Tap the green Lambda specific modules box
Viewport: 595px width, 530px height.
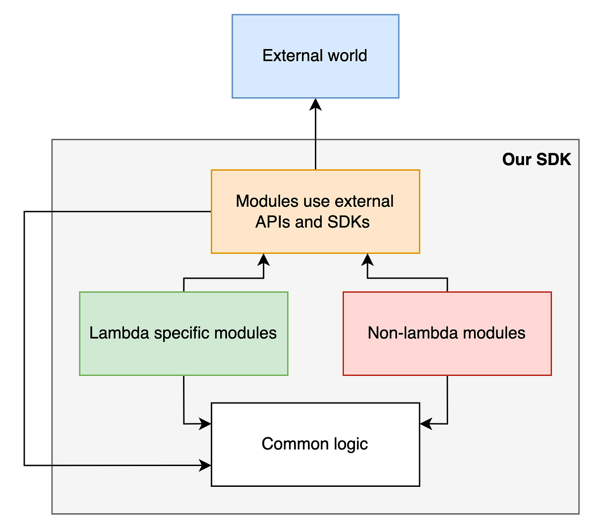coord(183,357)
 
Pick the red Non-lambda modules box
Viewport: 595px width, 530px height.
coord(447,357)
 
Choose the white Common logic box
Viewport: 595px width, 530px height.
coord(315,466)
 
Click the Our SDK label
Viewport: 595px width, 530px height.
coord(536,159)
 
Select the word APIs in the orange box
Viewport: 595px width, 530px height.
coord(273,222)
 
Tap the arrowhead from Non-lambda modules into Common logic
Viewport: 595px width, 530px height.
coord(425,424)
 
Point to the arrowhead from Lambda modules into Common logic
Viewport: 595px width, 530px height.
coord(206,424)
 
